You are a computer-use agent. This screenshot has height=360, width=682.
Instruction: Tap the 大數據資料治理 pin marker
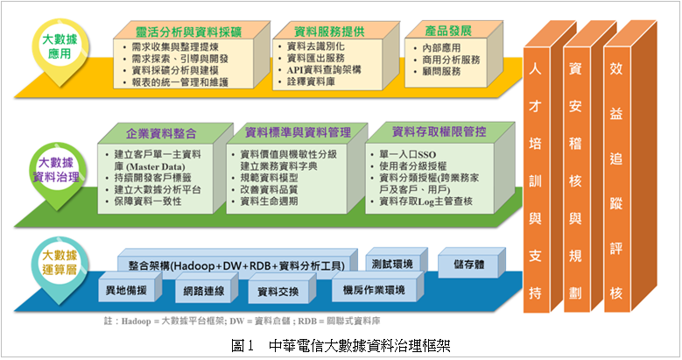[x=57, y=171]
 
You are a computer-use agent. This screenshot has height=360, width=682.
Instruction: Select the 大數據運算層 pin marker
[x=60, y=265]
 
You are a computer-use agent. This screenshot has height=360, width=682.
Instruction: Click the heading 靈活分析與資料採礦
[x=188, y=32]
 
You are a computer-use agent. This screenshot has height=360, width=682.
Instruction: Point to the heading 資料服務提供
[x=329, y=32]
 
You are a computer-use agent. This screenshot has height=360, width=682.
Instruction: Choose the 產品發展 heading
[x=448, y=31]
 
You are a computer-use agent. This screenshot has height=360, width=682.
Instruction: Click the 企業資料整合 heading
[x=161, y=134]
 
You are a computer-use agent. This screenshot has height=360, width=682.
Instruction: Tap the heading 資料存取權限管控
[x=439, y=132]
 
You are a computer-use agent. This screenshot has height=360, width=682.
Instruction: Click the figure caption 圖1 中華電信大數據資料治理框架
[x=341, y=346]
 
